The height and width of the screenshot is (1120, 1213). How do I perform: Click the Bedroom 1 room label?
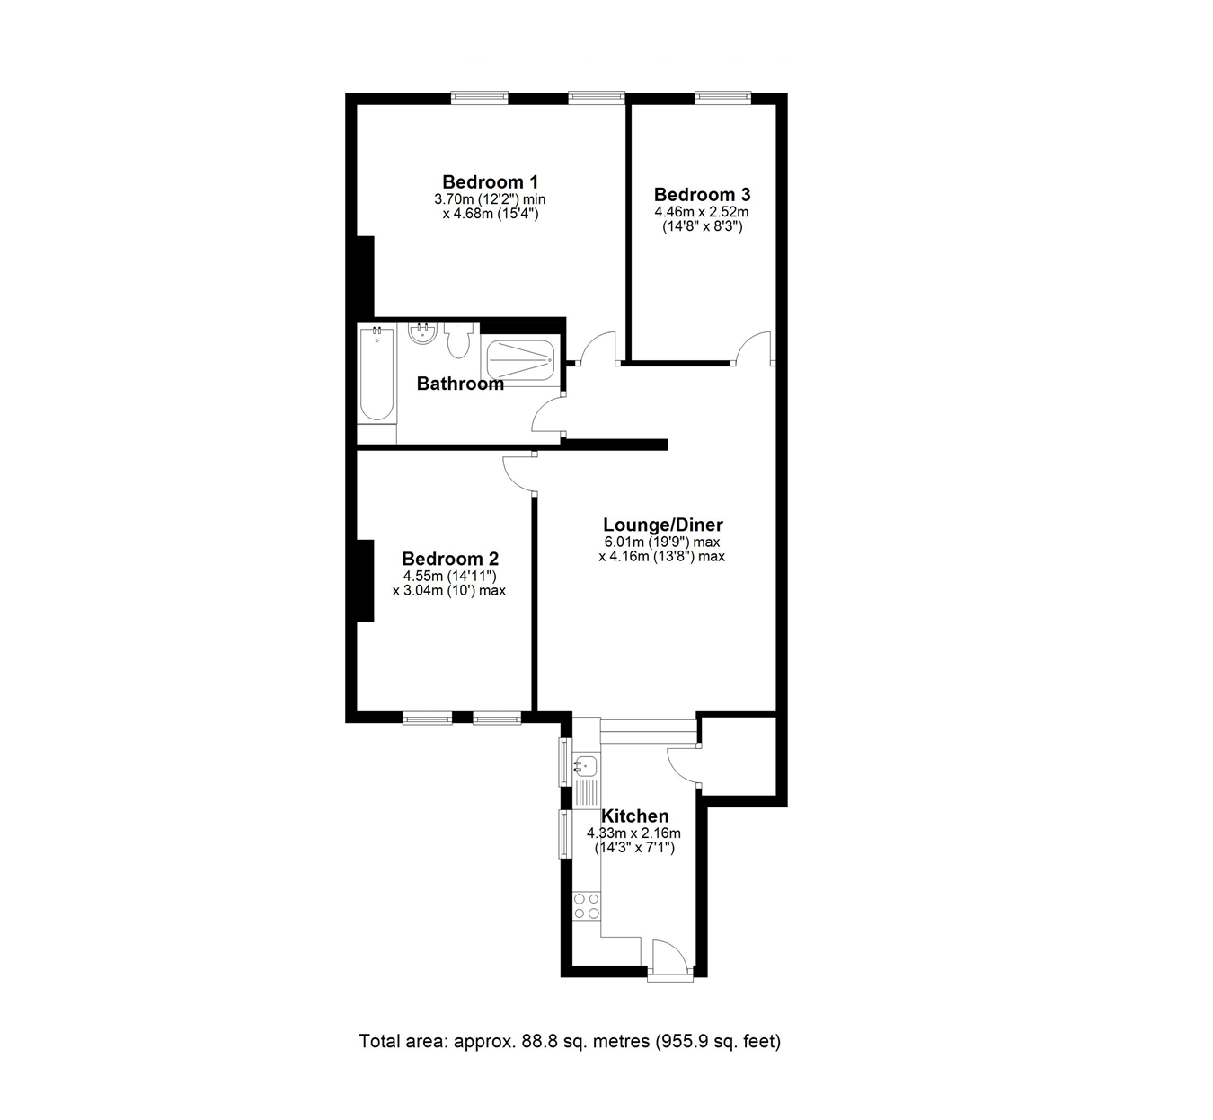[x=490, y=181]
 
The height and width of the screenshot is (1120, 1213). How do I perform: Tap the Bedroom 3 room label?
[x=702, y=195]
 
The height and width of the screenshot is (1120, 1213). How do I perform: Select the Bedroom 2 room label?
[x=449, y=558]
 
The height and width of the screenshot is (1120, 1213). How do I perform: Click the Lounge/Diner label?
[x=662, y=525]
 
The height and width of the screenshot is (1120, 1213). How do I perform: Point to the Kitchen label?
[x=634, y=816]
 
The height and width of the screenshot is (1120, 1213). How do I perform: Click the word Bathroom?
[x=460, y=384]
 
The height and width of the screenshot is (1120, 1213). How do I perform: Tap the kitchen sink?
[x=585, y=766]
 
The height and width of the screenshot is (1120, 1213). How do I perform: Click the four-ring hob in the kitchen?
[x=587, y=905]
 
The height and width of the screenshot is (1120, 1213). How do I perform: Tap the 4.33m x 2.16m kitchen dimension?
[x=633, y=833]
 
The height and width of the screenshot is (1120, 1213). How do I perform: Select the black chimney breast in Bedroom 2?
[x=364, y=580]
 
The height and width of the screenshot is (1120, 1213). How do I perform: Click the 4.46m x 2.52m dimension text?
[x=702, y=213]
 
